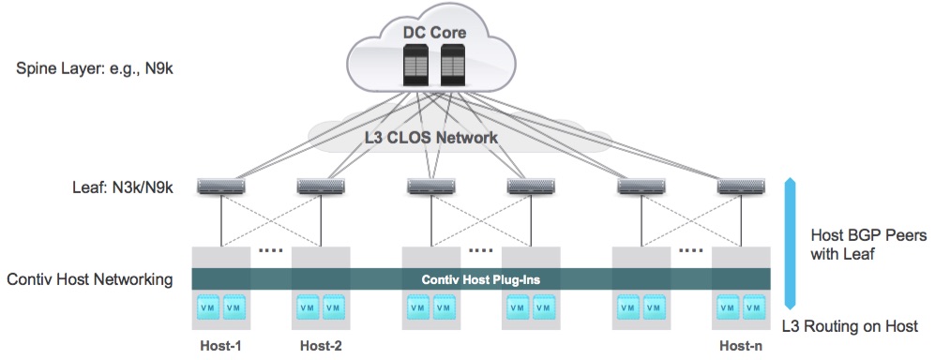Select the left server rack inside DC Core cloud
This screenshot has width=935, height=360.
click(x=415, y=67)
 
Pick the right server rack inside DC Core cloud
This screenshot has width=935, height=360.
click(x=452, y=67)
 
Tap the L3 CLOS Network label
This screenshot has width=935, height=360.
click(x=430, y=138)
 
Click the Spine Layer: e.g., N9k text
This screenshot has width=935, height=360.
click(x=95, y=69)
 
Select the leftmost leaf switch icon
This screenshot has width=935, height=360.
click(x=221, y=187)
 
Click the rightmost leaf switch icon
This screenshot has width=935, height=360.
click(x=741, y=187)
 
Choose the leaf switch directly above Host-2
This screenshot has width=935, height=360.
click(x=322, y=187)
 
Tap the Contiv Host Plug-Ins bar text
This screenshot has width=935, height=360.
click(x=480, y=279)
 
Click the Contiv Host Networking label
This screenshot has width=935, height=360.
click(x=90, y=279)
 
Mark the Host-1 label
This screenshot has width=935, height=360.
click(x=220, y=346)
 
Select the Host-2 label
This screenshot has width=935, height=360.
click(x=321, y=346)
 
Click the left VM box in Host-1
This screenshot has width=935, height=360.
click(x=208, y=307)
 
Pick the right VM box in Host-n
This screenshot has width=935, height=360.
click(x=754, y=307)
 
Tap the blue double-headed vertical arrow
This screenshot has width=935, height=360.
click(x=790, y=243)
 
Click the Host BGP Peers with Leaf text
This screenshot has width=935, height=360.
click(x=868, y=245)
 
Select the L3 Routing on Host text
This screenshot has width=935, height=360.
click(x=850, y=326)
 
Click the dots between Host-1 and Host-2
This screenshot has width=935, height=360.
click(x=271, y=250)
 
